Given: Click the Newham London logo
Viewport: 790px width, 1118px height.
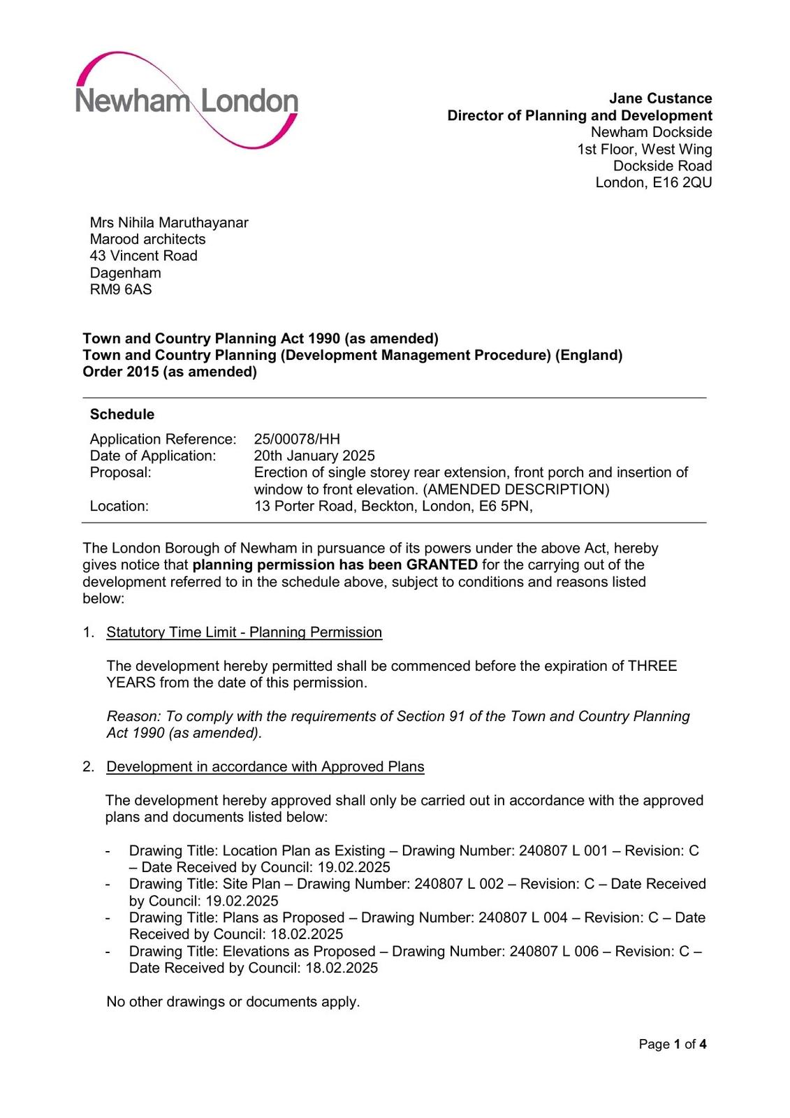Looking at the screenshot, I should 187,101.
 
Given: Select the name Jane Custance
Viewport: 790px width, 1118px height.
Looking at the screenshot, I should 660,99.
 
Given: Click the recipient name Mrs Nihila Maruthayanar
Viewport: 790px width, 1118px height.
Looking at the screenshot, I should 169,222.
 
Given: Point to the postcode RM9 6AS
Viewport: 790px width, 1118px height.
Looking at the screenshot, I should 121,289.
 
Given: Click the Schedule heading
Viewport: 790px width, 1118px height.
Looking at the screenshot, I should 122,414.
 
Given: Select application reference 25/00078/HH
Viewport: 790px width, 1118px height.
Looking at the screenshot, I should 297,439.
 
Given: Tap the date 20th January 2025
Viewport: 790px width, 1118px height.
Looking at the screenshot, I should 314,456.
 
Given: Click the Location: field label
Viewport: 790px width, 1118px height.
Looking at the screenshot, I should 119,506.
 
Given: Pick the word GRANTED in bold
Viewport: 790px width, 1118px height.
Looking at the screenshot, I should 442,565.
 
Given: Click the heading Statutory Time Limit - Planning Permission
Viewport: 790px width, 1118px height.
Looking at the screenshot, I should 244,632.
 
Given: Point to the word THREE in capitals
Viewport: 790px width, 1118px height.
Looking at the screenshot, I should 652,666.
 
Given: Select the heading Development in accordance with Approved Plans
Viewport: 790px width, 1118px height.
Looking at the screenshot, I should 265,767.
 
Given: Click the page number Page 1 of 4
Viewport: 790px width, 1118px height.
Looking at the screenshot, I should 673,1044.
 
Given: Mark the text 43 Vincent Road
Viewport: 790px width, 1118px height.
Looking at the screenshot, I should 144,256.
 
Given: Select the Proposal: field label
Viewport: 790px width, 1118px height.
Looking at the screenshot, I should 121,472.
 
